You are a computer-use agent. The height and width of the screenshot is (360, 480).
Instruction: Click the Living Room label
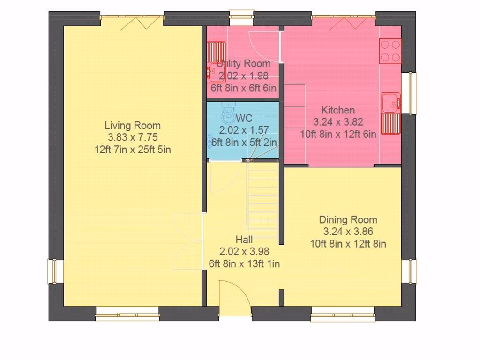(133, 126)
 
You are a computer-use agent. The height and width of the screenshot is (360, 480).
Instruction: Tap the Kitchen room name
(338, 110)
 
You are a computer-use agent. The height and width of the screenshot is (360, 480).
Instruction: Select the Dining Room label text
(348, 220)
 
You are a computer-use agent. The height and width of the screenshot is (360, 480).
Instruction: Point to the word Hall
(244, 240)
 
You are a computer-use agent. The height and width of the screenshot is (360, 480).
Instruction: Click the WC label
(244, 118)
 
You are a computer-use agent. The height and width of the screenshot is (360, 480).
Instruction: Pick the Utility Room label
(244, 64)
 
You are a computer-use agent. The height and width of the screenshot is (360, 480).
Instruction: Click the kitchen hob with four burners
(390, 51)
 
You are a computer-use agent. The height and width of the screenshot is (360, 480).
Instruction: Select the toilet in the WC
(228, 112)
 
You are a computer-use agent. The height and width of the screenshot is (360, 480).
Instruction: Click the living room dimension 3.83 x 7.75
(133, 137)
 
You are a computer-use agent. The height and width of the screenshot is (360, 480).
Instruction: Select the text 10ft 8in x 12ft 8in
(348, 244)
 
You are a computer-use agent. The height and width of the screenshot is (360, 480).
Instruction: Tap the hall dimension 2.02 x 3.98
(244, 252)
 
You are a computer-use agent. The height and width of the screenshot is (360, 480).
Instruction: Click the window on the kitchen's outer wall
(409, 93)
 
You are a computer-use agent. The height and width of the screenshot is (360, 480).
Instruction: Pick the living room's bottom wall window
(127, 314)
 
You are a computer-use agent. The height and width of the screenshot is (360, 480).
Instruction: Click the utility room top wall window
(241, 18)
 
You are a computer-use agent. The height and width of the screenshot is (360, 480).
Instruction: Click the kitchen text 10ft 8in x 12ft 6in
(338, 134)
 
